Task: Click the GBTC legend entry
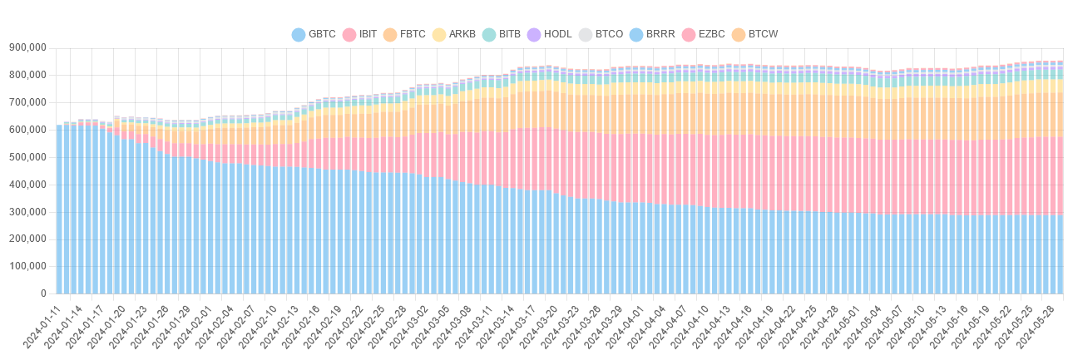[314, 34]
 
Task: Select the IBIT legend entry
[359, 34]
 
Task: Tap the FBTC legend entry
[404, 34]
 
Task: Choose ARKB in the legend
[453, 34]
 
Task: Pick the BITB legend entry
[502, 34]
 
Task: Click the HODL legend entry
[549, 34]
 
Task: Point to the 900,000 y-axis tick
[27, 47]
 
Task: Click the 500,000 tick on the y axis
[27, 157]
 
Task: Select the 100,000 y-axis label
[27, 267]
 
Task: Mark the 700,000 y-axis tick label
[27, 102]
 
